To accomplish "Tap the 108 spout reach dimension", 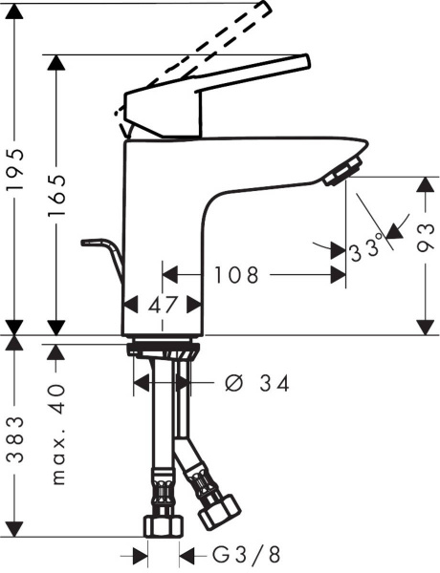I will coord(236,276).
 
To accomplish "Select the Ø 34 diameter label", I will coord(257,383).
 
